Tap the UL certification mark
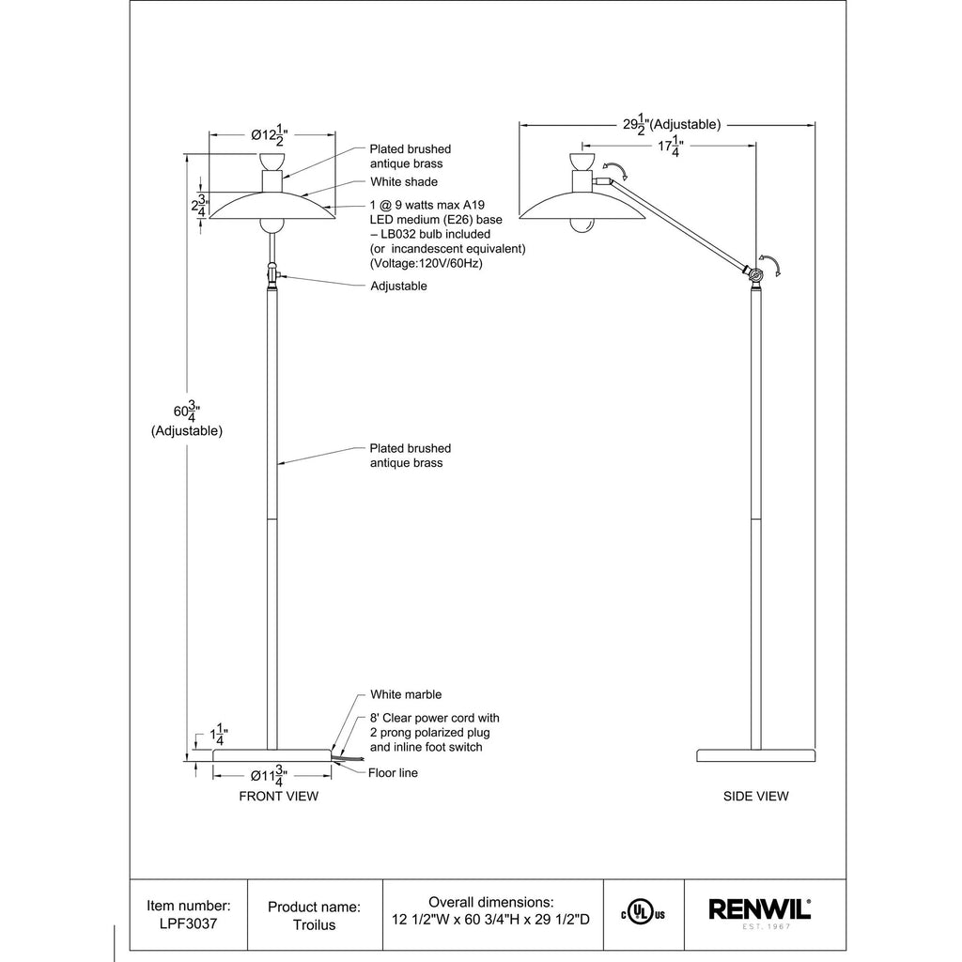(x=643, y=914)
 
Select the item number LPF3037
(x=188, y=924)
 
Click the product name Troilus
(x=314, y=924)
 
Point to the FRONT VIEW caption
(x=278, y=796)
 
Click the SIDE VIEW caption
(x=756, y=796)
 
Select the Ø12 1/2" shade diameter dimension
(x=270, y=135)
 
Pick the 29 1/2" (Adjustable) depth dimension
(x=672, y=125)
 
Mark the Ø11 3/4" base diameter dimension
(x=269, y=776)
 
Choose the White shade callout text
(x=404, y=181)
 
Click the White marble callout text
(x=406, y=694)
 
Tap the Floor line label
(x=393, y=773)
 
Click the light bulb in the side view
(x=582, y=225)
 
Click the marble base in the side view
(x=756, y=756)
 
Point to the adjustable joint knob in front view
(x=272, y=274)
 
